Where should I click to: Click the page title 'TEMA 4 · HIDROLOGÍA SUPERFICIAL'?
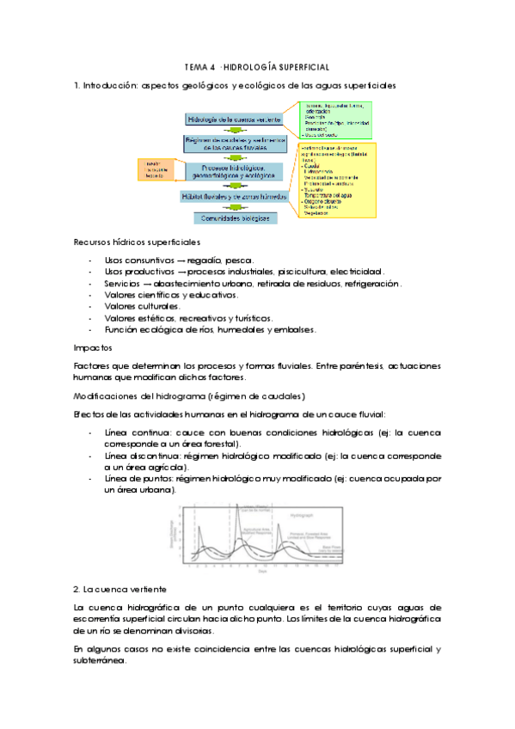point(257,66)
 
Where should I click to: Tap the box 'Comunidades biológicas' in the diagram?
point(233,218)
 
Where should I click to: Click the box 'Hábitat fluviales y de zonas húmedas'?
point(233,196)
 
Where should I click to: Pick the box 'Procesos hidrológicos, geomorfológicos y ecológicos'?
point(233,172)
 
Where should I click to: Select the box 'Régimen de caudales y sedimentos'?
point(233,144)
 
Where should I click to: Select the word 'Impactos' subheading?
point(91,347)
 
